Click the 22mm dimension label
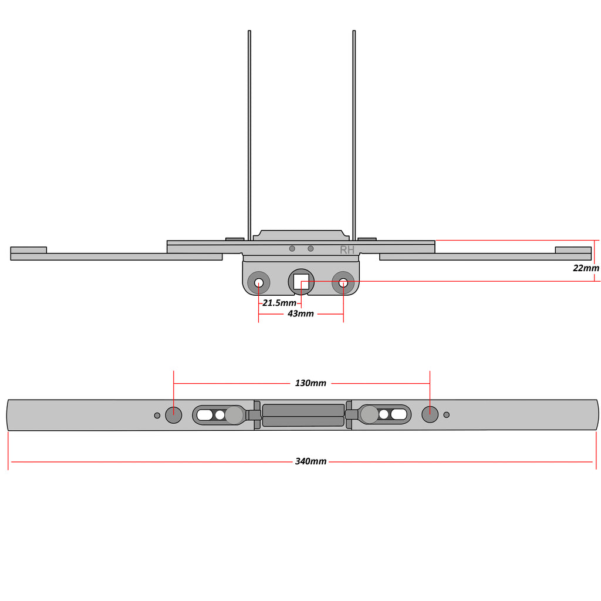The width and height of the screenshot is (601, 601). [x=586, y=268]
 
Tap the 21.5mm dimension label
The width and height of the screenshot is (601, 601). [x=279, y=303]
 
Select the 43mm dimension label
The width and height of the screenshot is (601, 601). [x=300, y=313]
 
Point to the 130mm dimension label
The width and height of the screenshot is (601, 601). [x=310, y=383]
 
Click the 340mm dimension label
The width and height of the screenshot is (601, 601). [x=310, y=461]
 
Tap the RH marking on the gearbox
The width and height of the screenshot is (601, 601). [x=347, y=250]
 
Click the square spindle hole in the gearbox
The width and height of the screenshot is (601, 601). [x=301, y=282]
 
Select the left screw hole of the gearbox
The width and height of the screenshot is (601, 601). [x=259, y=283]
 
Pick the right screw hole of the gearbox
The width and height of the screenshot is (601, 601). [x=343, y=283]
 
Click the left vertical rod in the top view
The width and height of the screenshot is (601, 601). [x=249, y=136]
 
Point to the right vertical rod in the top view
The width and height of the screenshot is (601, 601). [x=354, y=136]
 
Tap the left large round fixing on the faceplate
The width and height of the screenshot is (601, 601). [x=173, y=415]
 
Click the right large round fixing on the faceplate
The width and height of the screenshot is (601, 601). [x=430, y=414]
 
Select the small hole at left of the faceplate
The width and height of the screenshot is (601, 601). [x=157, y=416]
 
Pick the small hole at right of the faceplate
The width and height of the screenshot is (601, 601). [x=446, y=415]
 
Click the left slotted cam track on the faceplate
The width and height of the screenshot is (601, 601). [x=218, y=415]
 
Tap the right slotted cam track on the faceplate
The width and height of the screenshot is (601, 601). [x=385, y=414]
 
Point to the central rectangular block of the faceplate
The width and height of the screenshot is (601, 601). [x=303, y=415]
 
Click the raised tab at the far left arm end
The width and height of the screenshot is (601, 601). [x=28, y=250]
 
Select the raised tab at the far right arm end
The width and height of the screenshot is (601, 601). [x=573, y=250]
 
